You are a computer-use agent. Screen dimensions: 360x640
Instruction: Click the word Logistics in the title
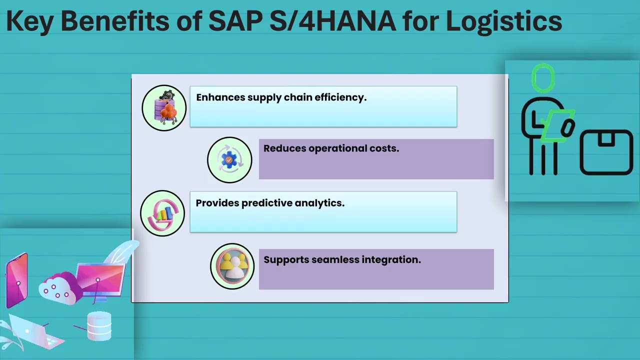click(x=504, y=21)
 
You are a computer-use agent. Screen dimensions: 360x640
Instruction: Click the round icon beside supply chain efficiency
click(x=164, y=108)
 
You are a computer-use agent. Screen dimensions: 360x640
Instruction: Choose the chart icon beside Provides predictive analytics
click(x=162, y=213)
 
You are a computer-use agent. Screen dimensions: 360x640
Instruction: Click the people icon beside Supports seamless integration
click(x=232, y=266)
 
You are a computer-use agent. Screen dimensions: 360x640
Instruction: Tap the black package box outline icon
click(x=606, y=152)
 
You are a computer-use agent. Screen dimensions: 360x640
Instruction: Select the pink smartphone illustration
click(x=16, y=280)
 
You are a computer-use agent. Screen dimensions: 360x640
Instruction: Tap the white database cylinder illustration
click(x=99, y=326)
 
